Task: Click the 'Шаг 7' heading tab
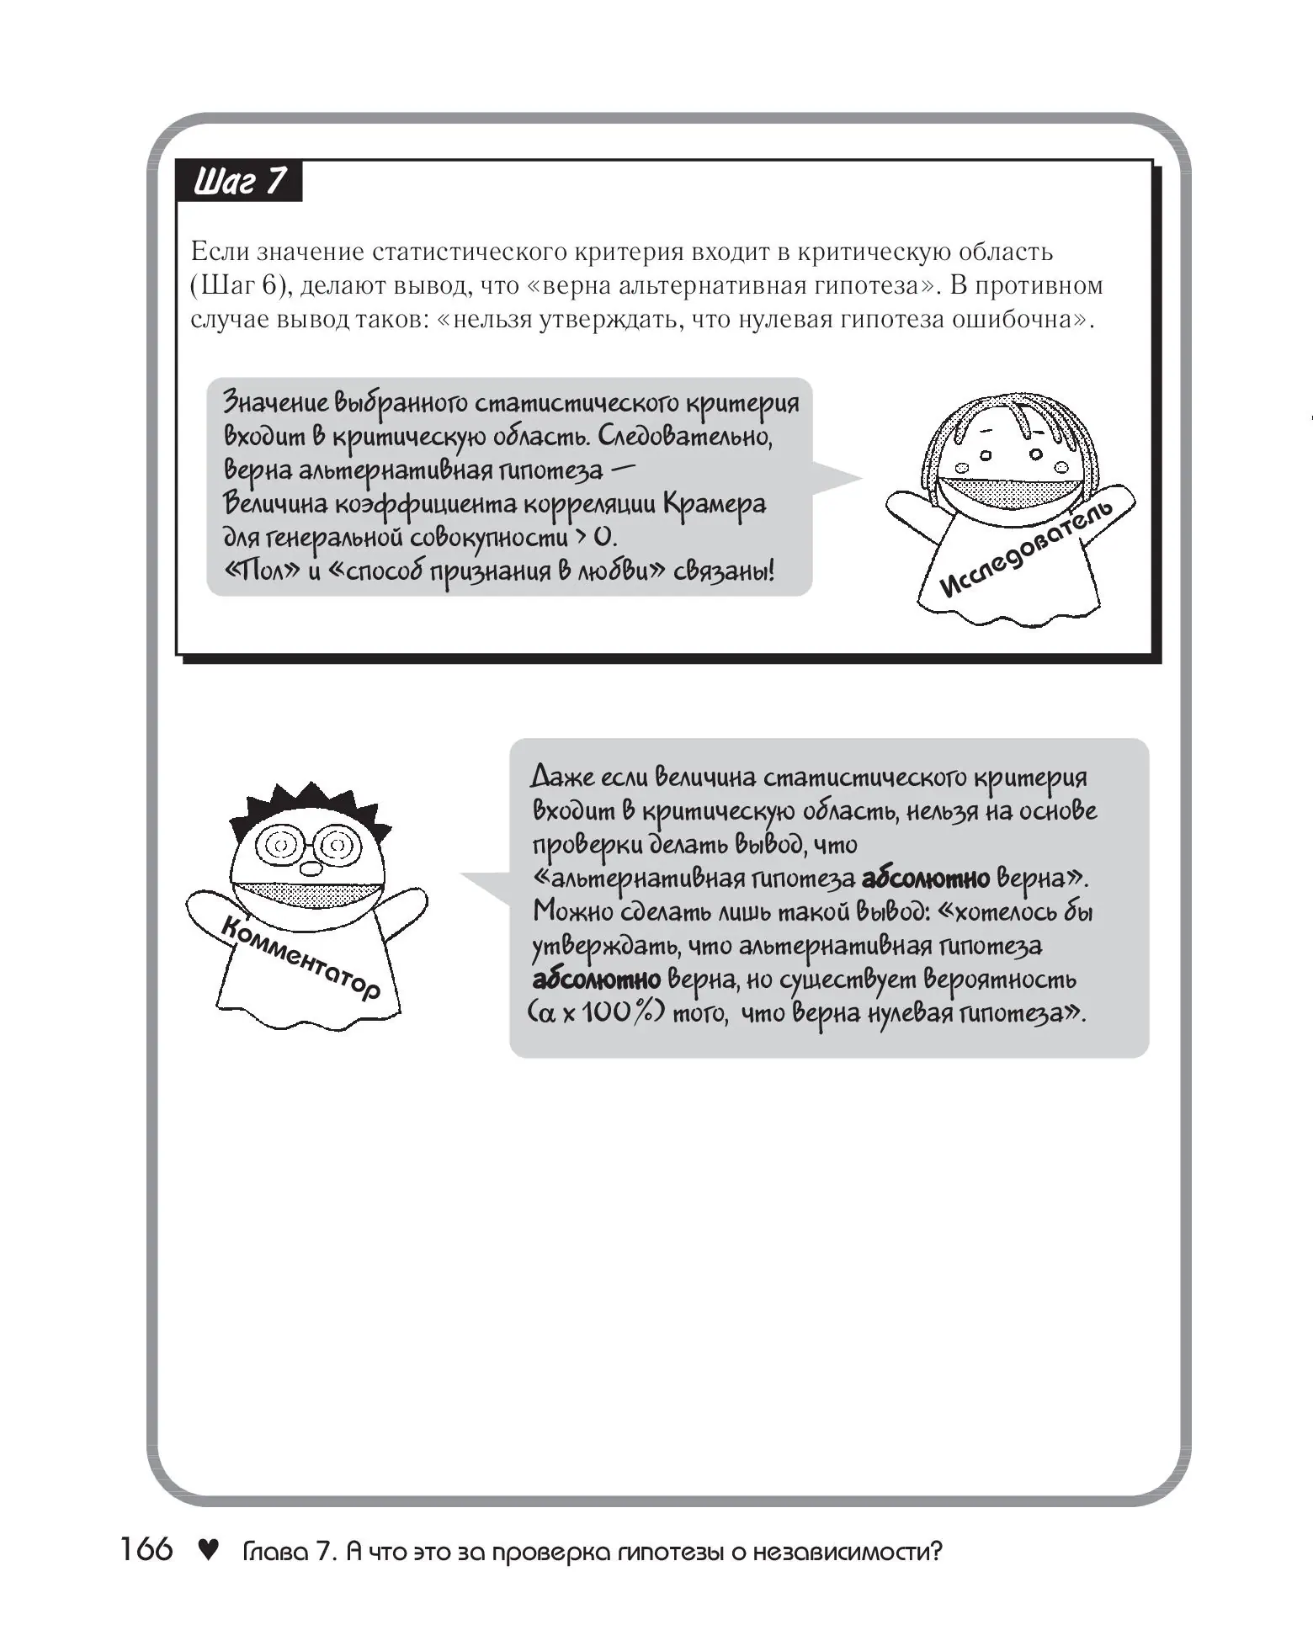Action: pyautogui.click(x=239, y=181)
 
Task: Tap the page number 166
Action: pyautogui.click(x=146, y=1549)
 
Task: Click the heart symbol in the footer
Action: pyautogui.click(x=207, y=1549)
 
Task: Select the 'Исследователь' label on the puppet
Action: pyautogui.click(x=1026, y=548)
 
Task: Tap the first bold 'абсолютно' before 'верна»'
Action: pyautogui.click(x=925, y=879)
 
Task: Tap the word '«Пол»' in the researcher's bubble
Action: pyautogui.click(x=253, y=571)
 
